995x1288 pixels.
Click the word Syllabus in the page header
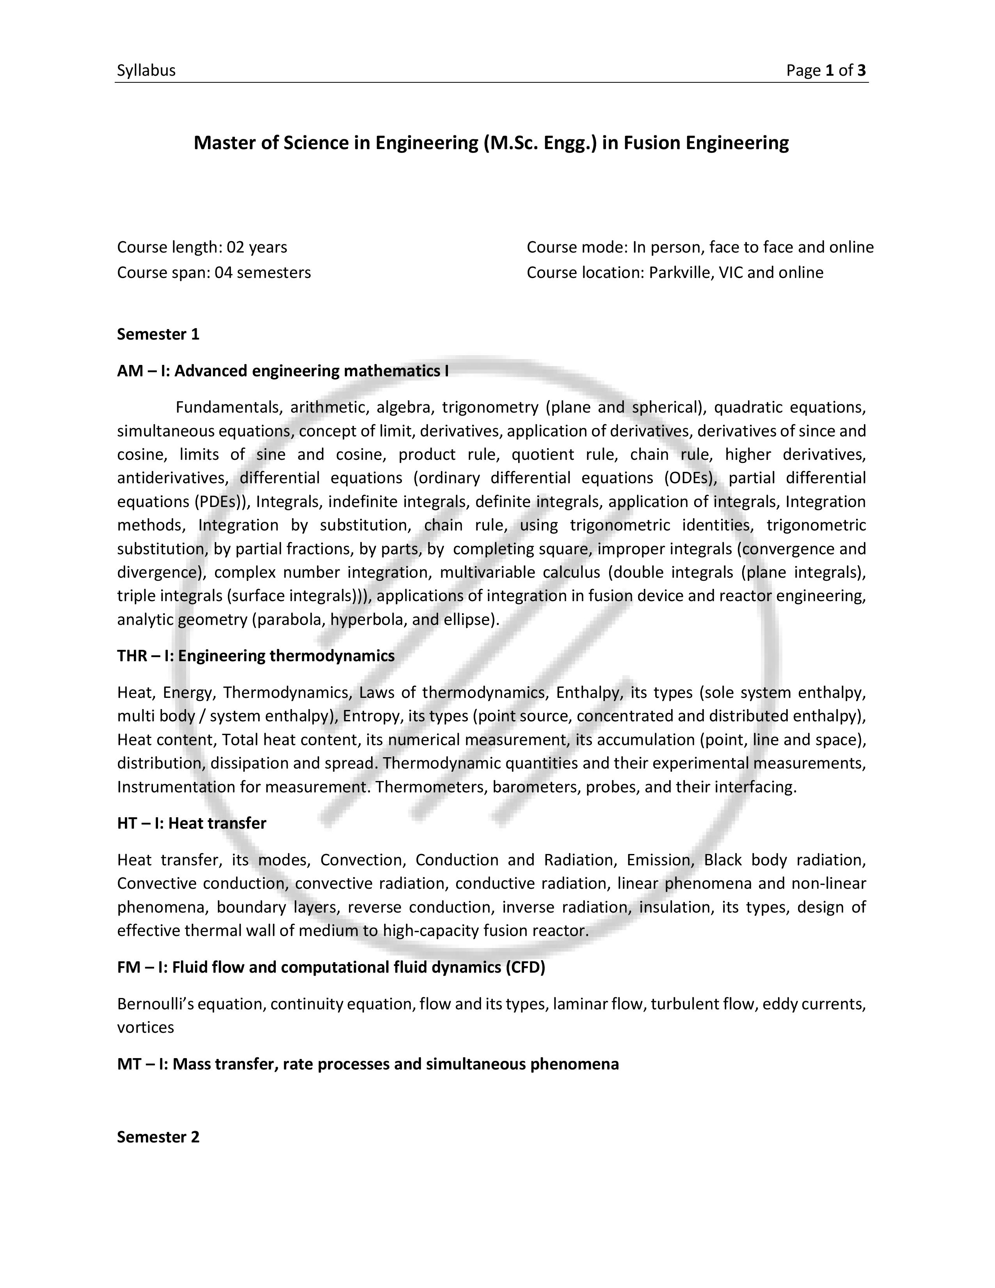[x=146, y=71]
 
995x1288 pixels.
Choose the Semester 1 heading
[x=158, y=334]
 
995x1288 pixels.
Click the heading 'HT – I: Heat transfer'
[x=192, y=823]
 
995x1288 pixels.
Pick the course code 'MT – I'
[x=142, y=1064]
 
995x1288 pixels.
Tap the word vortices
[x=146, y=1027]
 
